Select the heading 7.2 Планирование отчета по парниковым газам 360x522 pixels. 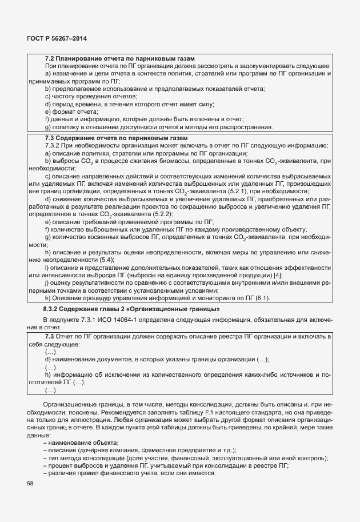coord(120,59)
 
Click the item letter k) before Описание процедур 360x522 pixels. coord(47,298)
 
